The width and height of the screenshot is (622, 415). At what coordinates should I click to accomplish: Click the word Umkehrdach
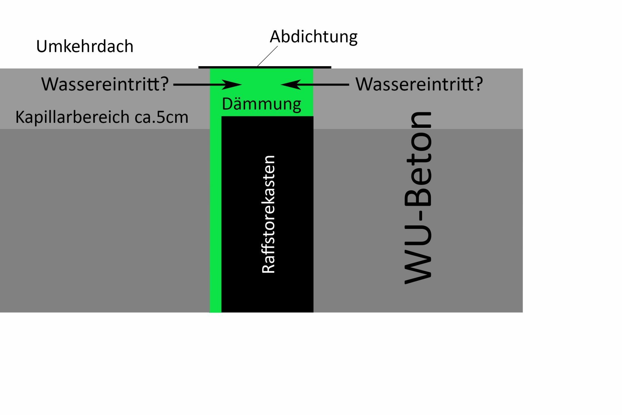(x=85, y=46)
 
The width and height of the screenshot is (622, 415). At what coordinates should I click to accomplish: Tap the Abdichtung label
(x=313, y=37)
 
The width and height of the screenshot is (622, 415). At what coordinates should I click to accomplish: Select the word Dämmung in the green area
(x=261, y=104)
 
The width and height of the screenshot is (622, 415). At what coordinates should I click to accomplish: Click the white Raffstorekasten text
(x=269, y=214)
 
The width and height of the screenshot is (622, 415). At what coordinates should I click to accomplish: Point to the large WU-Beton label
(x=418, y=198)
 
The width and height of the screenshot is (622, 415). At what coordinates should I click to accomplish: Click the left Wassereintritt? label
(x=105, y=84)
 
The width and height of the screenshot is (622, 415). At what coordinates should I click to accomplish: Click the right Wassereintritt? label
(x=419, y=84)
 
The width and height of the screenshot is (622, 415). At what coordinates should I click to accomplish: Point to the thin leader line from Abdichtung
(x=268, y=56)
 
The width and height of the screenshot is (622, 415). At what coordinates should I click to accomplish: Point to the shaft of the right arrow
(x=324, y=85)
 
